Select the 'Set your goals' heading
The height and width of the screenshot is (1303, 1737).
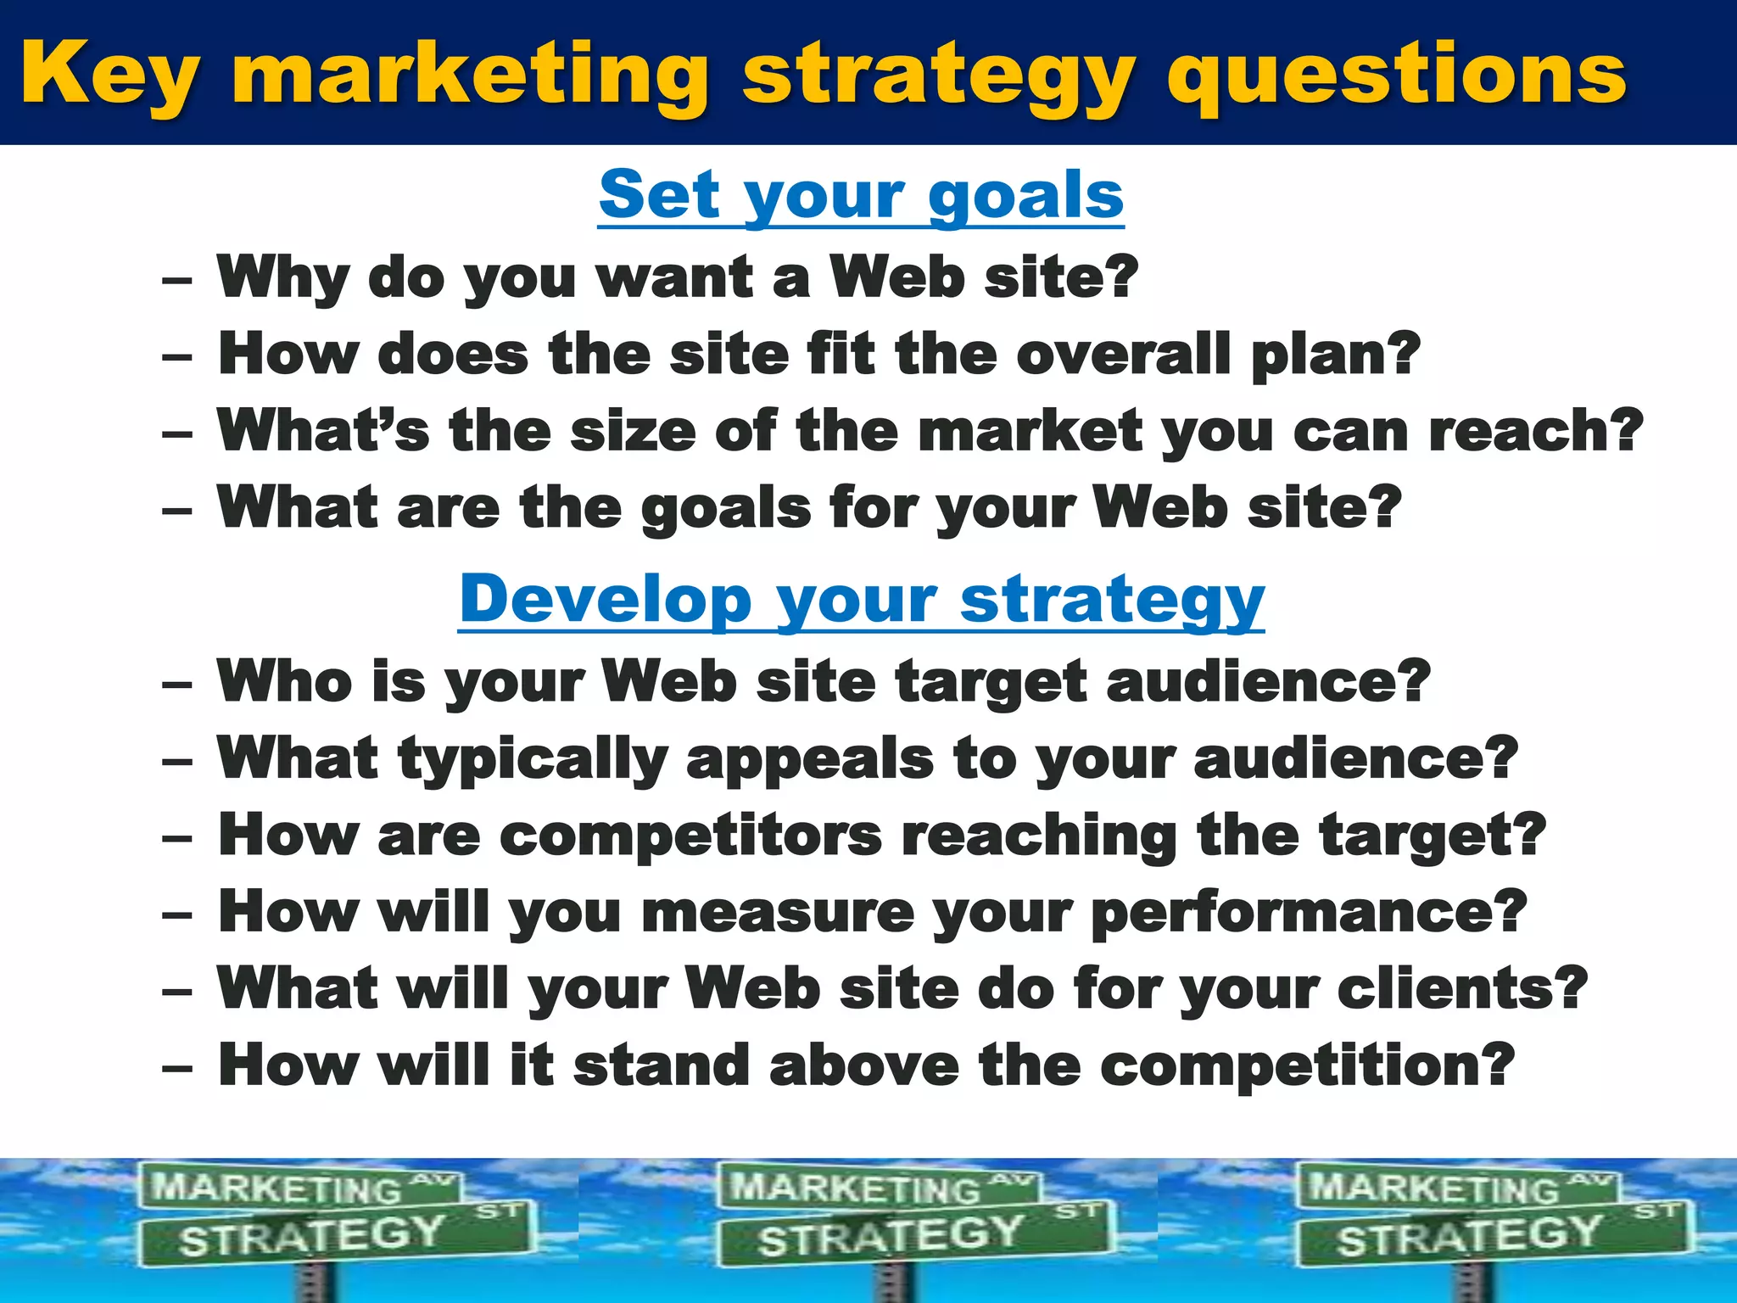click(861, 195)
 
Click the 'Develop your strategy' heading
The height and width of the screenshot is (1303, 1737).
click(861, 600)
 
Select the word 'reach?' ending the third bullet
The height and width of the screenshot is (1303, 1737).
click(1535, 431)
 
